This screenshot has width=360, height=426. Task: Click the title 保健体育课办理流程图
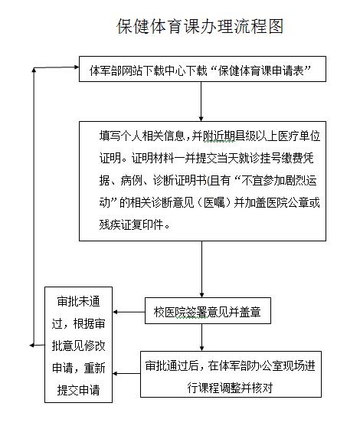click(200, 26)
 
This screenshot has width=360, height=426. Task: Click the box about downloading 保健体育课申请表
click(202, 69)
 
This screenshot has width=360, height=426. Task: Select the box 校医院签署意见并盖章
click(208, 311)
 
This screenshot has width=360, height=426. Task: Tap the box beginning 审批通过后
click(231, 375)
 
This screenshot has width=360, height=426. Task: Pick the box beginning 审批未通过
click(79, 345)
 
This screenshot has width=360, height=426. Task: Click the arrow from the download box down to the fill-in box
click(201, 101)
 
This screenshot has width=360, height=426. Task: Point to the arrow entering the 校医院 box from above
click(201, 269)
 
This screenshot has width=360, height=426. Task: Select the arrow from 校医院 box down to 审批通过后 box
click(201, 337)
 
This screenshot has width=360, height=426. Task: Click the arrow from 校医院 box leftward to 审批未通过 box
click(129, 312)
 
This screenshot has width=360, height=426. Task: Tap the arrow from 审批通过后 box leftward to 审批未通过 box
click(126, 374)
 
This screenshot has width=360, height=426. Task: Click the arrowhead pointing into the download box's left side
click(77, 67)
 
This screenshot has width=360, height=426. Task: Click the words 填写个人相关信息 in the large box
click(142, 136)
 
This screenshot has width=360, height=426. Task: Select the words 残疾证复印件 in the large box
click(132, 224)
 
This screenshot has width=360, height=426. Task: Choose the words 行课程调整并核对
click(230, 388)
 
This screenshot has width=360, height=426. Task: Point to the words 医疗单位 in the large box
click(299, 136)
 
